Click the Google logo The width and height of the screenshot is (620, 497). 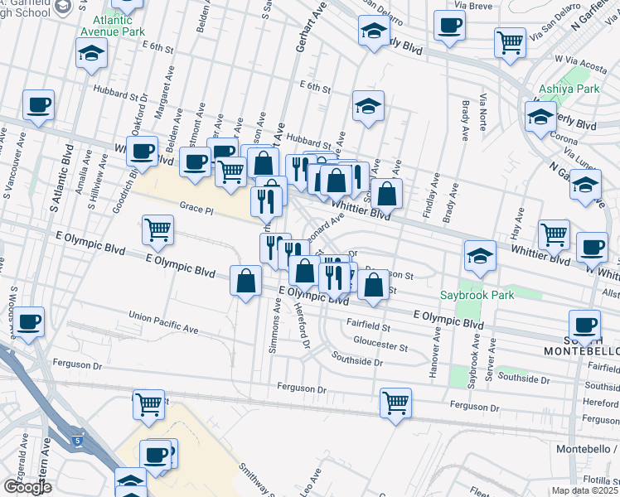click(x=27, y=487)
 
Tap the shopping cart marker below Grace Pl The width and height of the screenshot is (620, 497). click(x=157, y=229)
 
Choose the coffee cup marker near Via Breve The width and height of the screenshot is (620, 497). click(x=450, y=26)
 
